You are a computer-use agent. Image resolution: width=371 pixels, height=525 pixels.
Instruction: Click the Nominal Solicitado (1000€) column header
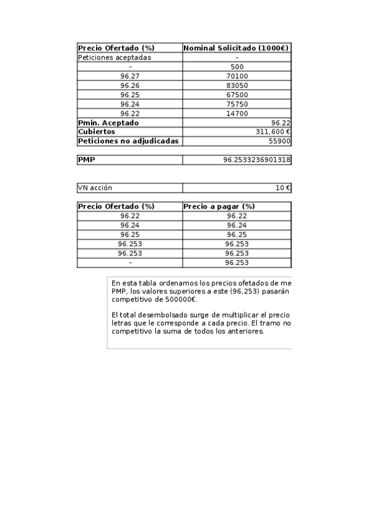237,48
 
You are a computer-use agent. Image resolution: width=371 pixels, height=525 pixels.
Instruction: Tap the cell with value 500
237,67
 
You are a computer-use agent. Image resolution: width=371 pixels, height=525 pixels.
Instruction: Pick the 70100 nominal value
237,76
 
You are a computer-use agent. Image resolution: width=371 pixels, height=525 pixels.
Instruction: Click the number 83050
237,85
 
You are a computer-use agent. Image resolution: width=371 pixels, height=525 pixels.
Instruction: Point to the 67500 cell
237,95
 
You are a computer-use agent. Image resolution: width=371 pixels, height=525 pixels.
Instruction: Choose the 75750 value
237,104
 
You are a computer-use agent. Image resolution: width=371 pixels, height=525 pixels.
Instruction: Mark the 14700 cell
237,113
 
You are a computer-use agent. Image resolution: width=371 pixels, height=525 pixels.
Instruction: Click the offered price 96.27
130,76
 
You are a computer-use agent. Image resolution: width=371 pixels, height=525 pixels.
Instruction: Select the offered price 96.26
130,85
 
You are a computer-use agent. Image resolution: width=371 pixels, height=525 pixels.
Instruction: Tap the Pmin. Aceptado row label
109,123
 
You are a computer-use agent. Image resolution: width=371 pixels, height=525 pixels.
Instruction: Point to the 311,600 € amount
273,132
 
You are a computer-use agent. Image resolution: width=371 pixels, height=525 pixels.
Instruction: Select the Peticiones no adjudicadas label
128,141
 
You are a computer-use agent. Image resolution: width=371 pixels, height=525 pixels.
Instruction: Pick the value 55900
278,141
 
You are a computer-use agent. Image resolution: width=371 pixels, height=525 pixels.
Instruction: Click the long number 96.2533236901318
256,160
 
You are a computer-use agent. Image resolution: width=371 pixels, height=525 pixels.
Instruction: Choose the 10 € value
283,188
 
